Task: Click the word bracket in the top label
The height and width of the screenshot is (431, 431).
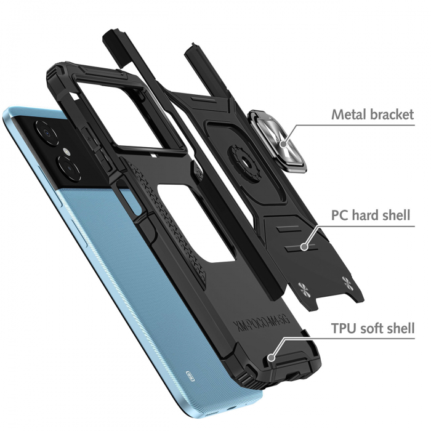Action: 391,115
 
